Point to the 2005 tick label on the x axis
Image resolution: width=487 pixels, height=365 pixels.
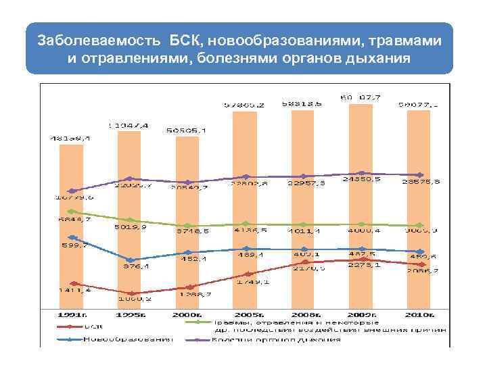point(246,314)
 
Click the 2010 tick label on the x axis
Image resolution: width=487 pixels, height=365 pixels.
point(419,314)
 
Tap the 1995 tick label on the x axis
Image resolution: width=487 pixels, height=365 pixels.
point(129,314)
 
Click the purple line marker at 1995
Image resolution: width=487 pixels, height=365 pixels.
point(129,179)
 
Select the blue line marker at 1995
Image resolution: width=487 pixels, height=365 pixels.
point(129,260)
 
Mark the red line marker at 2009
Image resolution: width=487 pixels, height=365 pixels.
point(361,258)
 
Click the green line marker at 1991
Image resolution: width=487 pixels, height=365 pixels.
point(71,211)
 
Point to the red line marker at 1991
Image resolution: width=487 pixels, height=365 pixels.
point(71,283)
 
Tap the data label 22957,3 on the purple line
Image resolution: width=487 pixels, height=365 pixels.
point(304,182)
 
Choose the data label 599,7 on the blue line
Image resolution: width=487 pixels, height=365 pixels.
point(73,245)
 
